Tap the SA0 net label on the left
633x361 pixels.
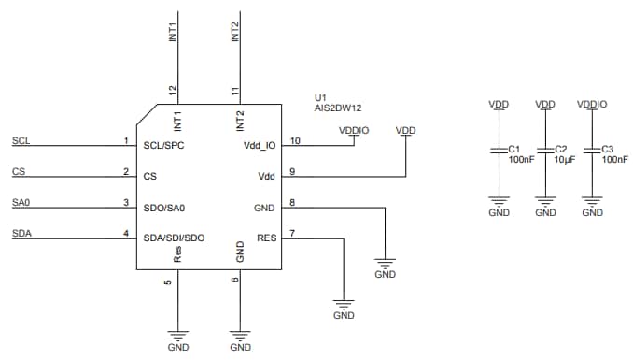tap(21, 202)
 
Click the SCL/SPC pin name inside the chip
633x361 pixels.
tap(165, 146)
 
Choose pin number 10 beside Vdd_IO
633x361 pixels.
tap(295, 140)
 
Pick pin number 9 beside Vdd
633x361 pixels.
tap(292, 171)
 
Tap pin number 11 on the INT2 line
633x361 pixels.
tap(234, 91)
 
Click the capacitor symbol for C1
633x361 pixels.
tap(499, 152)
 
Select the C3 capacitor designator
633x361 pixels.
tap(607, 149)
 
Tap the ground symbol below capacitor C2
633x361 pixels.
tap(545, 200)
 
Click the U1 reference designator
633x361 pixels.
tap(320, 95)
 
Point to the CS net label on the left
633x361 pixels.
tap(19, 171)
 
